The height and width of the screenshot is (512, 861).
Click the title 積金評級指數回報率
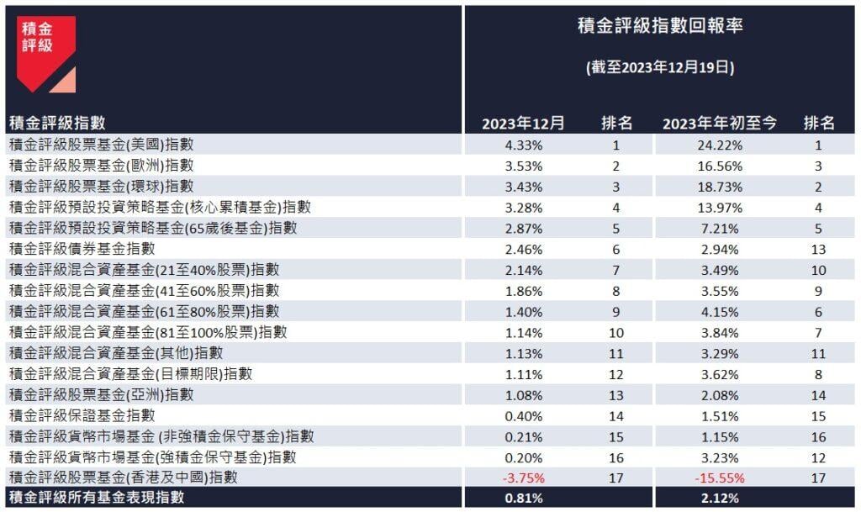660,26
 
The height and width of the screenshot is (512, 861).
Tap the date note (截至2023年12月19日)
660,68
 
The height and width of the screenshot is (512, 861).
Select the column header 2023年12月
523,124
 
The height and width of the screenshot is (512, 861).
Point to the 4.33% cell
523,145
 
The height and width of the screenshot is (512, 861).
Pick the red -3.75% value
523,478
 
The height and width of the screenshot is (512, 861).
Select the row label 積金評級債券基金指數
82,249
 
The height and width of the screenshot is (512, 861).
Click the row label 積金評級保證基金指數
82,415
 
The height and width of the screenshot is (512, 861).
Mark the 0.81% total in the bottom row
523,499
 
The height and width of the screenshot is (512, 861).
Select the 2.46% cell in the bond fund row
523,249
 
